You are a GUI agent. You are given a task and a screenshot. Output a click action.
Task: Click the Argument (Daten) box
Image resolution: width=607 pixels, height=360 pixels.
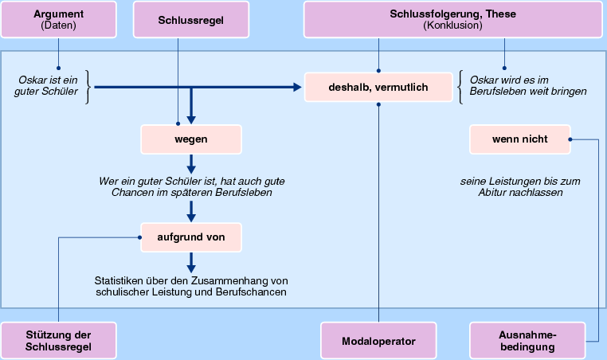click(57, 19)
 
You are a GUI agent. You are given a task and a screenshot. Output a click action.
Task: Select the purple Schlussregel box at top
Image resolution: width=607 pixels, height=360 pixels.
click(178, 19)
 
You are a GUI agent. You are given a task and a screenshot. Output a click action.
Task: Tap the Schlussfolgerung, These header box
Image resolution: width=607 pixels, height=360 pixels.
click(452, 19)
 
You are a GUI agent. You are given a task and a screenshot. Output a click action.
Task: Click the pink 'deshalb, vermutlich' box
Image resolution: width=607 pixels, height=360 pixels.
click(378, 86)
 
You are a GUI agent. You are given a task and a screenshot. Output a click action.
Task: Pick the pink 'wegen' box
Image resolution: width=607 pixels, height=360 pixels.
click(190, 139)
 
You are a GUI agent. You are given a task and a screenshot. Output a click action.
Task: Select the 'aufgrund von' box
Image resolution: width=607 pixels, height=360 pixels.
click(190, 237)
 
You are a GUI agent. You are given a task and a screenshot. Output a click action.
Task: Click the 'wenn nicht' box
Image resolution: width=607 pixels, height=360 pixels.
click(519, 139)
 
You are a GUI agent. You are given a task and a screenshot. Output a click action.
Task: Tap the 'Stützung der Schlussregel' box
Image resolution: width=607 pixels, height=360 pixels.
click(58, 340)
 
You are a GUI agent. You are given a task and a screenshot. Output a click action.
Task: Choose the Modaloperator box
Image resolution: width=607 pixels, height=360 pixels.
click(378, 340)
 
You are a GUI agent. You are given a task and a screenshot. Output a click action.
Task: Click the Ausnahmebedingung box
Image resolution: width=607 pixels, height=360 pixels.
click(527, 340)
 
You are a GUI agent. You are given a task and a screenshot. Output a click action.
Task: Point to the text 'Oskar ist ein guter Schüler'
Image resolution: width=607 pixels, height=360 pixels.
click(48, 86)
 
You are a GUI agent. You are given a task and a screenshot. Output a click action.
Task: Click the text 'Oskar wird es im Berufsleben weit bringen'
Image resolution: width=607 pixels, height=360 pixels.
click(528, 86)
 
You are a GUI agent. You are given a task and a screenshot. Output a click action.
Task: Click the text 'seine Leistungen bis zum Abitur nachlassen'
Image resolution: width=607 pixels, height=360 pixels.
click(520, 187)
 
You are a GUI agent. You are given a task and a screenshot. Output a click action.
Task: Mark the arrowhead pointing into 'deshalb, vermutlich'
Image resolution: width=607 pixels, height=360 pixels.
click(298, 86)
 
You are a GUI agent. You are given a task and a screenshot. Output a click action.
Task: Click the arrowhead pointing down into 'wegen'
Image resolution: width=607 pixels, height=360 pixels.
click(191, 120)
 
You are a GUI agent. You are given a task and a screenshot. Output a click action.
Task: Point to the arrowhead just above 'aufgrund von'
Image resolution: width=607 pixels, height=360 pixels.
click(191, 217)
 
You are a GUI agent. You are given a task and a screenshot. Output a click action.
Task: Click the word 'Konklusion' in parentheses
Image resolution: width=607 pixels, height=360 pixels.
click(452, 25)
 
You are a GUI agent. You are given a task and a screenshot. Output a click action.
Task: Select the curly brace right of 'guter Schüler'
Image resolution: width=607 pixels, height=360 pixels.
click(88, 86)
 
